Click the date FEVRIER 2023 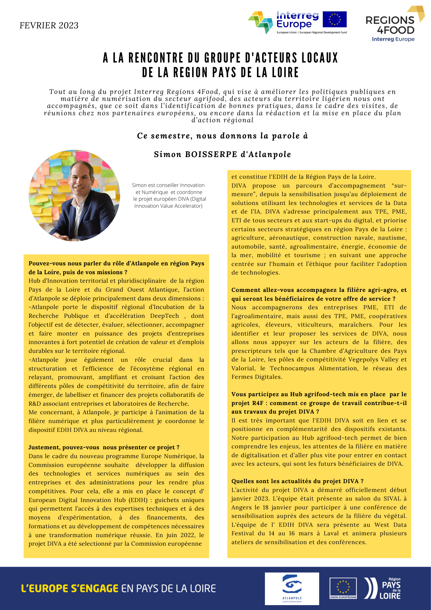tap(49, 25)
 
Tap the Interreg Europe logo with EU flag tap(297, 22)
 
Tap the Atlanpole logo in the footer tap(292, 588)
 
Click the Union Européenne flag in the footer tap(343, 587)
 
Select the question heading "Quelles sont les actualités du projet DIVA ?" tap(297, 481)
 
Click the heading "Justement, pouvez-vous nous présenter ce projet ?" tap(104, 447)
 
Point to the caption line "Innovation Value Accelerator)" tap(168, 206)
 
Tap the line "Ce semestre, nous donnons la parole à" tap(223, 136)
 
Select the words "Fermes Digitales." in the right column tap(257, 377)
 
